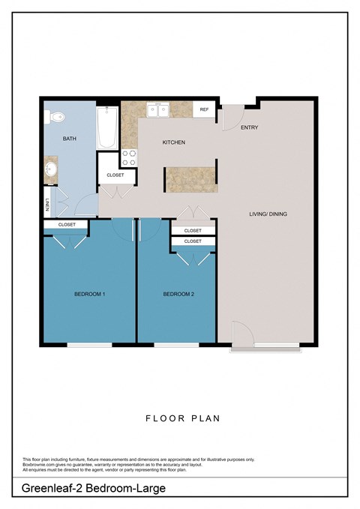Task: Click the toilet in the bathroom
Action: tap(54, 116)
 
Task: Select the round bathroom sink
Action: tap(51, 169)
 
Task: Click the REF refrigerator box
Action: tap(204, 110)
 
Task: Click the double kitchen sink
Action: tap(158, 110)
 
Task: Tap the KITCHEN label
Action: tap(174, 142)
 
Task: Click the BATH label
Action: tap(69, 139)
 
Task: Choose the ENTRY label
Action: tap(249, 127)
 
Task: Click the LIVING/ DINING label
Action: tap(268, 214)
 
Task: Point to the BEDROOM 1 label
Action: tap(89, 294)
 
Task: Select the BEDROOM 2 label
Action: tap(178, 294)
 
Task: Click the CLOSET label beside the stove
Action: tap(115, 175)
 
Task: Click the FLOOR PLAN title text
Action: tap(180, 418)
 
